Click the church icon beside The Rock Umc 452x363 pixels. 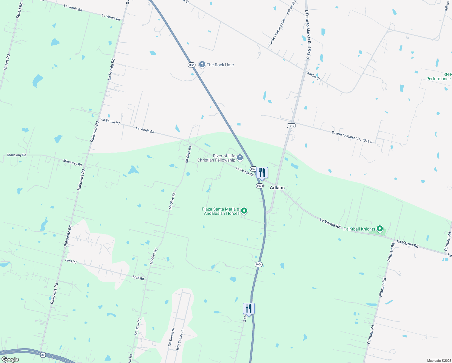tap(202, 64)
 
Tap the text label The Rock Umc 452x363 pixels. tap(220, 65)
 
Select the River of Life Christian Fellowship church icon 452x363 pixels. tap(240, 157)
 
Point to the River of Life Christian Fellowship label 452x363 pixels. tap(216, 158)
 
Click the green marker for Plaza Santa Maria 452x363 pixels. tap(244, 211)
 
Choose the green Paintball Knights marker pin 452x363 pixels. tap(380, 229)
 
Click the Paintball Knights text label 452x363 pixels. tap(359, 229)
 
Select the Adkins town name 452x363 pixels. tap(277, 188)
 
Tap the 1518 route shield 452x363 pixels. tap(291, 126)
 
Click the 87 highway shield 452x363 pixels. tap(43, 355)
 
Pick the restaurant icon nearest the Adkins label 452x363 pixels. tap(262, 173)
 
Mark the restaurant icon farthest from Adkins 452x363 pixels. tap(249, 308)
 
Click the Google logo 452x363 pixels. tap(10, 359)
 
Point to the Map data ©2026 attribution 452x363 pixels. tap(438, 361)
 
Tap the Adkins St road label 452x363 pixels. tap(313, 76)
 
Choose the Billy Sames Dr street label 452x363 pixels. tap(180, 340)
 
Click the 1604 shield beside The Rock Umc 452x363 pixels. tap(191, 65)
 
